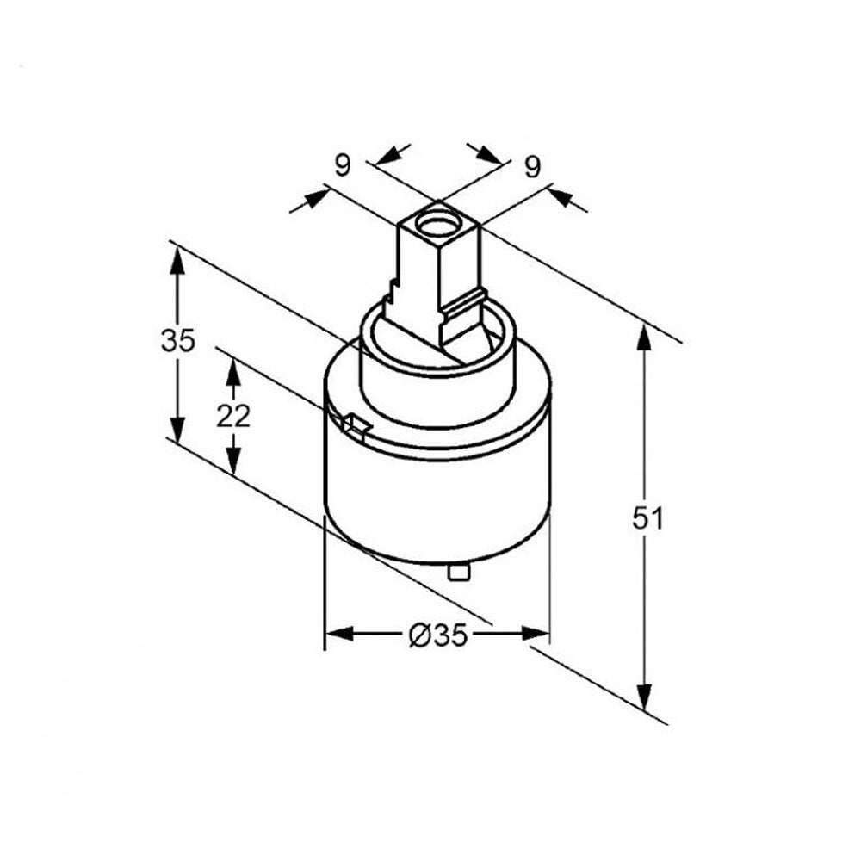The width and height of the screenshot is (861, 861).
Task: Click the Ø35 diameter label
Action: [x=438, y=635]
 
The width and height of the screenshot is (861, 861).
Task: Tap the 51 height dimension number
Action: [x=648, y=517]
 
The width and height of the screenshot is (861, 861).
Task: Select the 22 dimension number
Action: [x=233, y=416]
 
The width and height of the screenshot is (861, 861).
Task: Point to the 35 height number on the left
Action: [x=178, y=340]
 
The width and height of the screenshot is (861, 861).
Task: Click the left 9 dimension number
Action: [x=342, y=164]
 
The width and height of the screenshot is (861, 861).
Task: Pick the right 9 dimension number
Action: [x=532, y=166]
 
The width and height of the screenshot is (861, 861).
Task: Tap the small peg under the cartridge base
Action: [x=459, y=572]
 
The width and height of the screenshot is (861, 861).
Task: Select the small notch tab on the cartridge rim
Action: [x=356, y=427]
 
